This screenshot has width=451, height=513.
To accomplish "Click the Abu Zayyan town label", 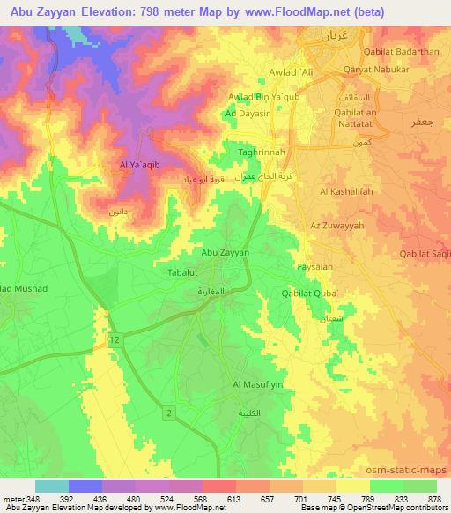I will (225, 252).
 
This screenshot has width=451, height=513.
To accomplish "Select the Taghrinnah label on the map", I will (260, 152).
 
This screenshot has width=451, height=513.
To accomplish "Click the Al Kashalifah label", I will (347, 191).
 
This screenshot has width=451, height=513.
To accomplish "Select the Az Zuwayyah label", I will (337, 226).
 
